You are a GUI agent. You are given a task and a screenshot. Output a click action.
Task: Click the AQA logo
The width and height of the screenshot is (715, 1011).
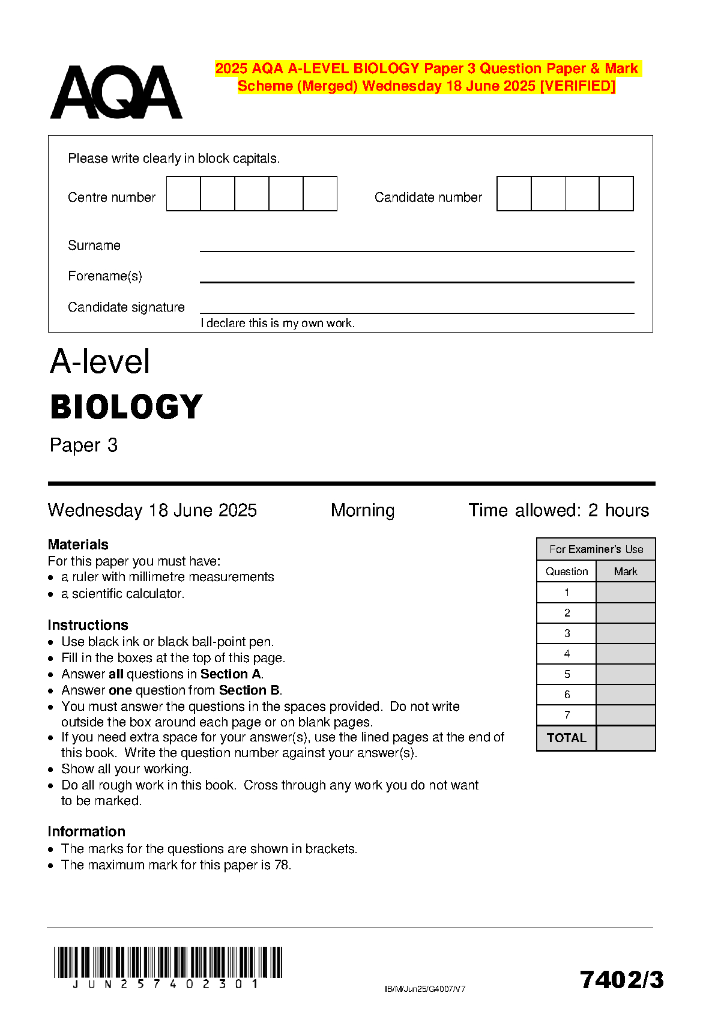pyautogui.click(x=116, y=92)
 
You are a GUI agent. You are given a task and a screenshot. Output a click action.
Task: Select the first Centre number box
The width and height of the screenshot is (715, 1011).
pyautogui.click(x=183, y=193)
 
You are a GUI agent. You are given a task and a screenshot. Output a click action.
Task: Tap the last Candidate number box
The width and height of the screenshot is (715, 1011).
pyautogui.click(x=617, y=193)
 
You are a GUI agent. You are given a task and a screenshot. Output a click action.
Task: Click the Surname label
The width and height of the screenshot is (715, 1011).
pyautogui.click(x=94, y=246)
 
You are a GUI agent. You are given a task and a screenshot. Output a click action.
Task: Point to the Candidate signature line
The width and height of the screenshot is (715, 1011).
pyautogui.click(x=417, y=312)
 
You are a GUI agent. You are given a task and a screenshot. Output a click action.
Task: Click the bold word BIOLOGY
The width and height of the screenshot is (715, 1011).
pyautogui.click(x=127, y=407)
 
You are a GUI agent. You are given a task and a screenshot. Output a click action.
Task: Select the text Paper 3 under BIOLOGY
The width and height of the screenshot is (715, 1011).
pyautogui.click(x=83, y=445)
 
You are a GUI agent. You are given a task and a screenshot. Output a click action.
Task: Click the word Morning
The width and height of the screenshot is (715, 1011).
pyautogui.click(x=363, y=510)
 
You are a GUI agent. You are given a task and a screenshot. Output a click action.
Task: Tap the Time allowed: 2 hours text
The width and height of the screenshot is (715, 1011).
pyautogui.click(x=558, y=510)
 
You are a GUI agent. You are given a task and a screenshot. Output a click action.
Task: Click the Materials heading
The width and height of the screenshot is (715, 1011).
pyautogui.click(x=78, y=545)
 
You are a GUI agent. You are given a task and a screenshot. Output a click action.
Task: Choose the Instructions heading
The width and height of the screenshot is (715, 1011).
pyautogui.click(x=88, y=625)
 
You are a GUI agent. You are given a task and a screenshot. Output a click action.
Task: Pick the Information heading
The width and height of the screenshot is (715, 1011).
pyautogui.click(x=86, y=831)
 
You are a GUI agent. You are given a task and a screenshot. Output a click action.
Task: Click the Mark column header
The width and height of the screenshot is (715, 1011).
pyautogui.click(x=626, y=572)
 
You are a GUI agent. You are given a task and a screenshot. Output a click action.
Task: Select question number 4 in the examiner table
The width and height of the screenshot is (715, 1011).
pyautogui.click(x=567, y=654)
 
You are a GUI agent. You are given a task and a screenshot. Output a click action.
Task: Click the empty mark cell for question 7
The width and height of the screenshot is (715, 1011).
pyautogui.click(x=626, y=715)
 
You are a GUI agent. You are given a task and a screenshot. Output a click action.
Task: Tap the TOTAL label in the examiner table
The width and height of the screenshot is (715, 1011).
pyautogui.click(x=566, y=738)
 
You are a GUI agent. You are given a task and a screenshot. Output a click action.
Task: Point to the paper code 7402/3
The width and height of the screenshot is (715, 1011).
pyautogui.click(x=622, y=980)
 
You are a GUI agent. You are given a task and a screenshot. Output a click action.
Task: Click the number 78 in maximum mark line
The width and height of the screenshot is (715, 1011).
pyautogui.click(x=282, y=865)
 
